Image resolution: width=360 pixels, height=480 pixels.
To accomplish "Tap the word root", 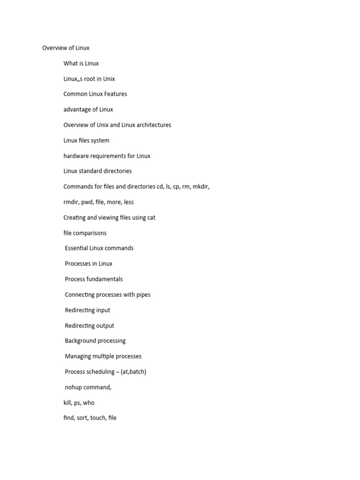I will pos(91,79).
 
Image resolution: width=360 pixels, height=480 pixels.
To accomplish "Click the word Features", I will pos(115,94).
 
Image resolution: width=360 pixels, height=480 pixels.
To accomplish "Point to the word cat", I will pos(151,217).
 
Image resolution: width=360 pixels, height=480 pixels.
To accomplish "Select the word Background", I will pos(82,341).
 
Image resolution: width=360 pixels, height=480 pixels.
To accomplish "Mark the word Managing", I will pos(78,357).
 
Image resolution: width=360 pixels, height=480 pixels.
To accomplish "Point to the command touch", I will pos(97,418).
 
